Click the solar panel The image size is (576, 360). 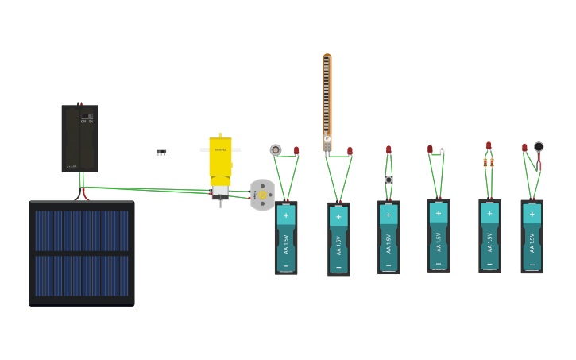(x=82, y=253)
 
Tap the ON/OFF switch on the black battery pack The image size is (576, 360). (x=87, y=118)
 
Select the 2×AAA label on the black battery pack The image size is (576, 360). (x=72, y=166)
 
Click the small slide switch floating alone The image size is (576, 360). (x=161, y=151)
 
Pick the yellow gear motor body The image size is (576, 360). (x=220, y=157)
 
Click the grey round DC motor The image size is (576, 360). (x=262, y=195)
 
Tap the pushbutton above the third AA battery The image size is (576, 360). (x=389, y=180)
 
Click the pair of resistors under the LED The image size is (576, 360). (x=489, y=162)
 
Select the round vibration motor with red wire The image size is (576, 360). (x=539, y=147)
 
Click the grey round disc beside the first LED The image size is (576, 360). (x=276, y=149)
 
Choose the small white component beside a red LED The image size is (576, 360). (x=442, y=149)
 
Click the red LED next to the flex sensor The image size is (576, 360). (x=350, y=150)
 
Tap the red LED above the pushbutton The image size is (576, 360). (x=389, y=149)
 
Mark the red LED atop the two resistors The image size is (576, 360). (x=489, y=145)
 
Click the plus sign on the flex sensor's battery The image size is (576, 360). (x=338, y=216)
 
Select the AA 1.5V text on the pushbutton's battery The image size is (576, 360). (x=389, y=239)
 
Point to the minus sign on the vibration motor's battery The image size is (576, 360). (x=532, y=264)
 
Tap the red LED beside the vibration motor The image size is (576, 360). (x=524, y=148)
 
